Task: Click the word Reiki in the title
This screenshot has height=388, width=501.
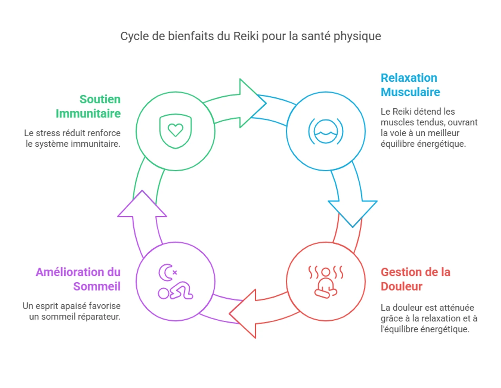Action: click(246, 36)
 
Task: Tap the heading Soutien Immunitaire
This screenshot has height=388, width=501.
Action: click(88, 106)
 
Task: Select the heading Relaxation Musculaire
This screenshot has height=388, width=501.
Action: click(410, 85)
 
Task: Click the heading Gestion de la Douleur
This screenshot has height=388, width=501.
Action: click(415, 279)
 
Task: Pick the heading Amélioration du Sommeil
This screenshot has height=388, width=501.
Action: click(78, 279)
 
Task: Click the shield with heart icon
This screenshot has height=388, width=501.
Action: click(175, 131)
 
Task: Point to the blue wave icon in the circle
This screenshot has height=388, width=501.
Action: click(326, 131)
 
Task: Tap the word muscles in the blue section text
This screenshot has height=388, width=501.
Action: click(394, 122)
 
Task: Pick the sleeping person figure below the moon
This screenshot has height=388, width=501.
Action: click(175, 291)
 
